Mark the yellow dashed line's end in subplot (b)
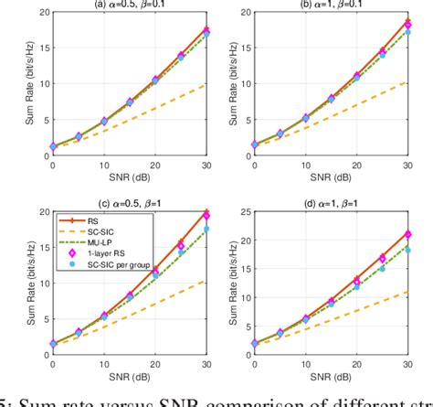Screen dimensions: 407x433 407,81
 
